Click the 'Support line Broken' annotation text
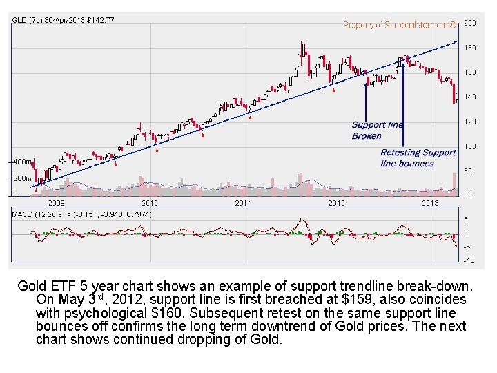pyautogui.click(x=378, y=130)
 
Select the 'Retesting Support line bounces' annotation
pyautogui.click(x=418, y=157)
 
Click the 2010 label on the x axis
pyautogui.click(x=149, y=203)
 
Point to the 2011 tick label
pyautogui.click(x=242, y=203)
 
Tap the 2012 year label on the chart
pyautogui.click(x=335, y=203)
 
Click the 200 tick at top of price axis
pyautogui.click(x=469, y=23)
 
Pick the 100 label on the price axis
pyautogui.click(x=469, y=146)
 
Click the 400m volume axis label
pyautogui.click(x=21, y=161)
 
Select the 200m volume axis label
pyautogui.click(x=21, y=178)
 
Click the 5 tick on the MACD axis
pyautogui.click(x=467, y=220)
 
